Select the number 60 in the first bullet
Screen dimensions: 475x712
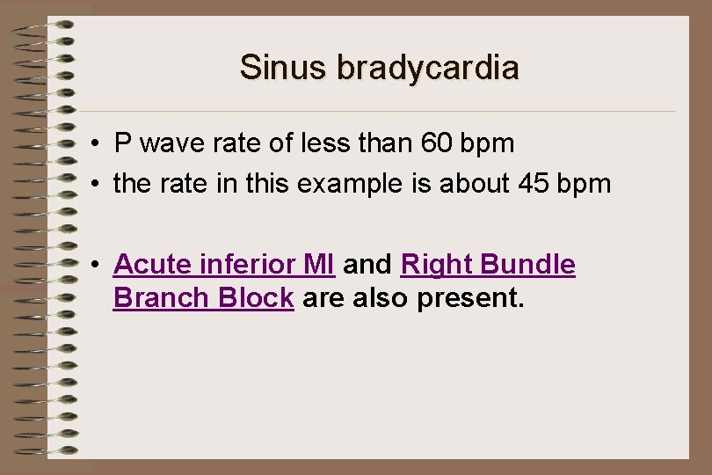pos(440,142)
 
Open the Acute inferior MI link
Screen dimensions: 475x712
pos(224,265)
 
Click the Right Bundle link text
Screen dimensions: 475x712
pos(488,265)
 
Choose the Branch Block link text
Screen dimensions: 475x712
pos(203,298)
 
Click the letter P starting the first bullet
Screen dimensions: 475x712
pos(122,142)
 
